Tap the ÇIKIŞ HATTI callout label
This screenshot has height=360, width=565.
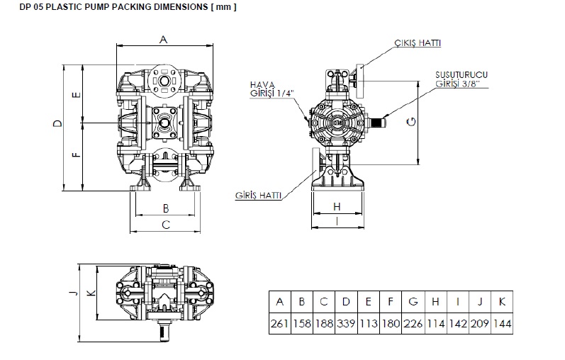click(418, 43)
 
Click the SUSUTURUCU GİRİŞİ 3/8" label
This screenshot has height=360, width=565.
click(461, 79)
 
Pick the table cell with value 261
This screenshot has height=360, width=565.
click(279, 324)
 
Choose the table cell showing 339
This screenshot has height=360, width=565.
click(346, 324)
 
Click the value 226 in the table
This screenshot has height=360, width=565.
click(413, 324)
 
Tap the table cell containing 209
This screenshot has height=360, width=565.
click(479, 324)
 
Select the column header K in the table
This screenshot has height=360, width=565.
click(501, 302)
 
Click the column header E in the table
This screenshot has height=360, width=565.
click(368, 302)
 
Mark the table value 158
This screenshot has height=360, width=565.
click(301, 324)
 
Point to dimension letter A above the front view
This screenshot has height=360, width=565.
click(163, 40)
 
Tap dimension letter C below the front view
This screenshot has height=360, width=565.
click(165, 225)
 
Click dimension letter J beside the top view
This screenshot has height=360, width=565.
click(72, 294)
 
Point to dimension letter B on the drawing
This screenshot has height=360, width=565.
click(165, 208)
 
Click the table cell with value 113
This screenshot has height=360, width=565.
click(368, 324)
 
